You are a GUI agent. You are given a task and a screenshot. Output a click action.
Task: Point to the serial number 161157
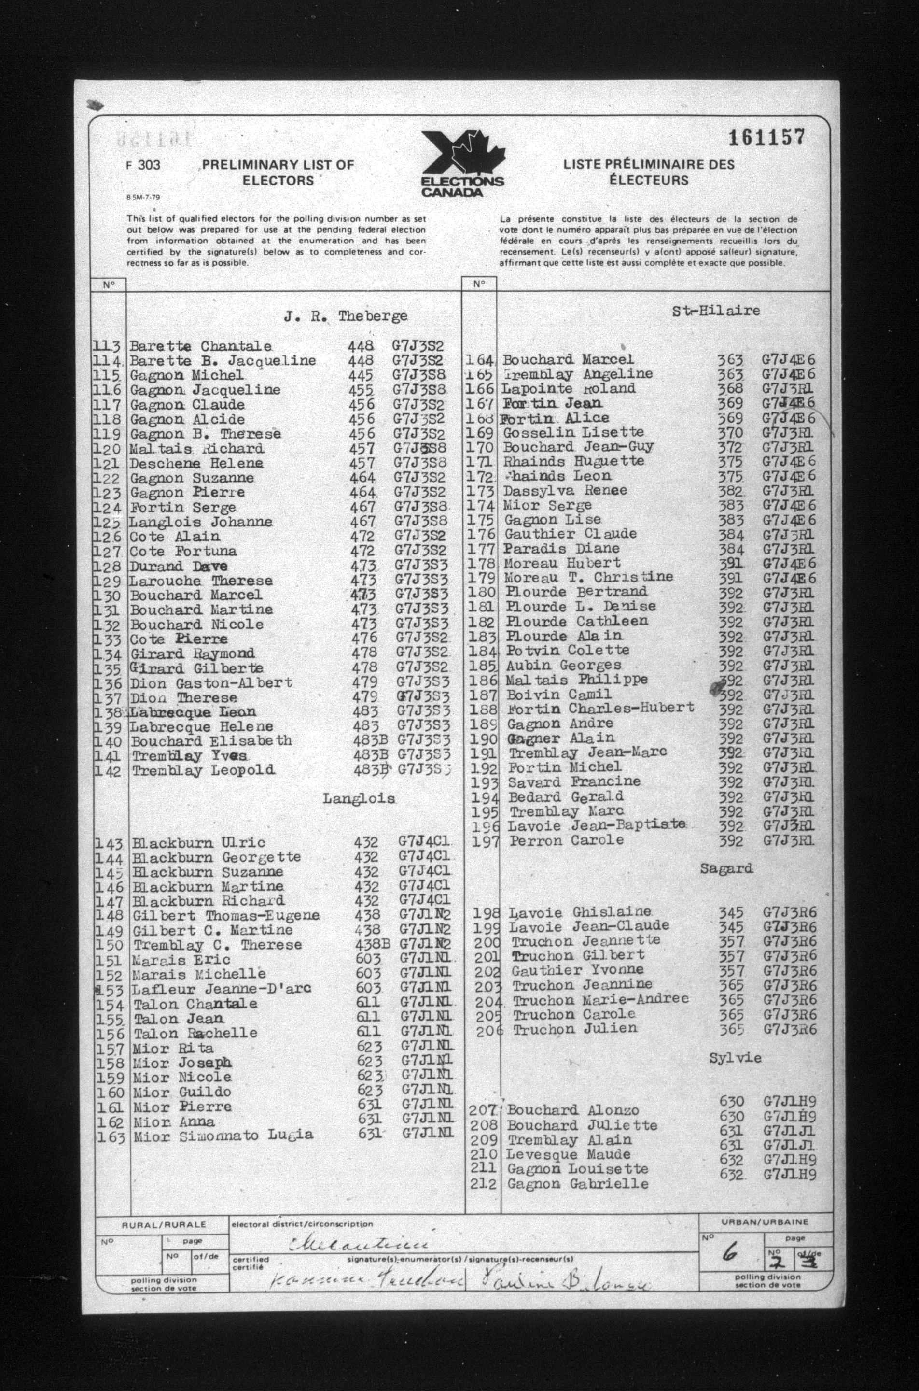point(766,138)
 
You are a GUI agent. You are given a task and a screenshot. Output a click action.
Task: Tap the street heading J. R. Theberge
point(345,317)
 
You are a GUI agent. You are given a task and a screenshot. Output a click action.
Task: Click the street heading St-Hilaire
point(716,311)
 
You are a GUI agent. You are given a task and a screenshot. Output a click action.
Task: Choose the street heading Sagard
point(725,868)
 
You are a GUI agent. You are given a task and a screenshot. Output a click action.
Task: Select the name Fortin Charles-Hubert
point(601,709)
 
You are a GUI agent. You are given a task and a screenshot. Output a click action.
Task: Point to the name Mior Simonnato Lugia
point(223,1136)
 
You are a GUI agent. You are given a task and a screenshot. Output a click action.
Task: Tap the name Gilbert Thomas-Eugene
point(226,915)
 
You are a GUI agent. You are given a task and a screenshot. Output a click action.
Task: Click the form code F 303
point(142,165)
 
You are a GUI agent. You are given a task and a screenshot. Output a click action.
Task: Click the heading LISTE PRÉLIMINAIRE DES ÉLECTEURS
point(648,172)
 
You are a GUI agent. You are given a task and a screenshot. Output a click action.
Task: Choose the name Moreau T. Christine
point(588,578)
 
